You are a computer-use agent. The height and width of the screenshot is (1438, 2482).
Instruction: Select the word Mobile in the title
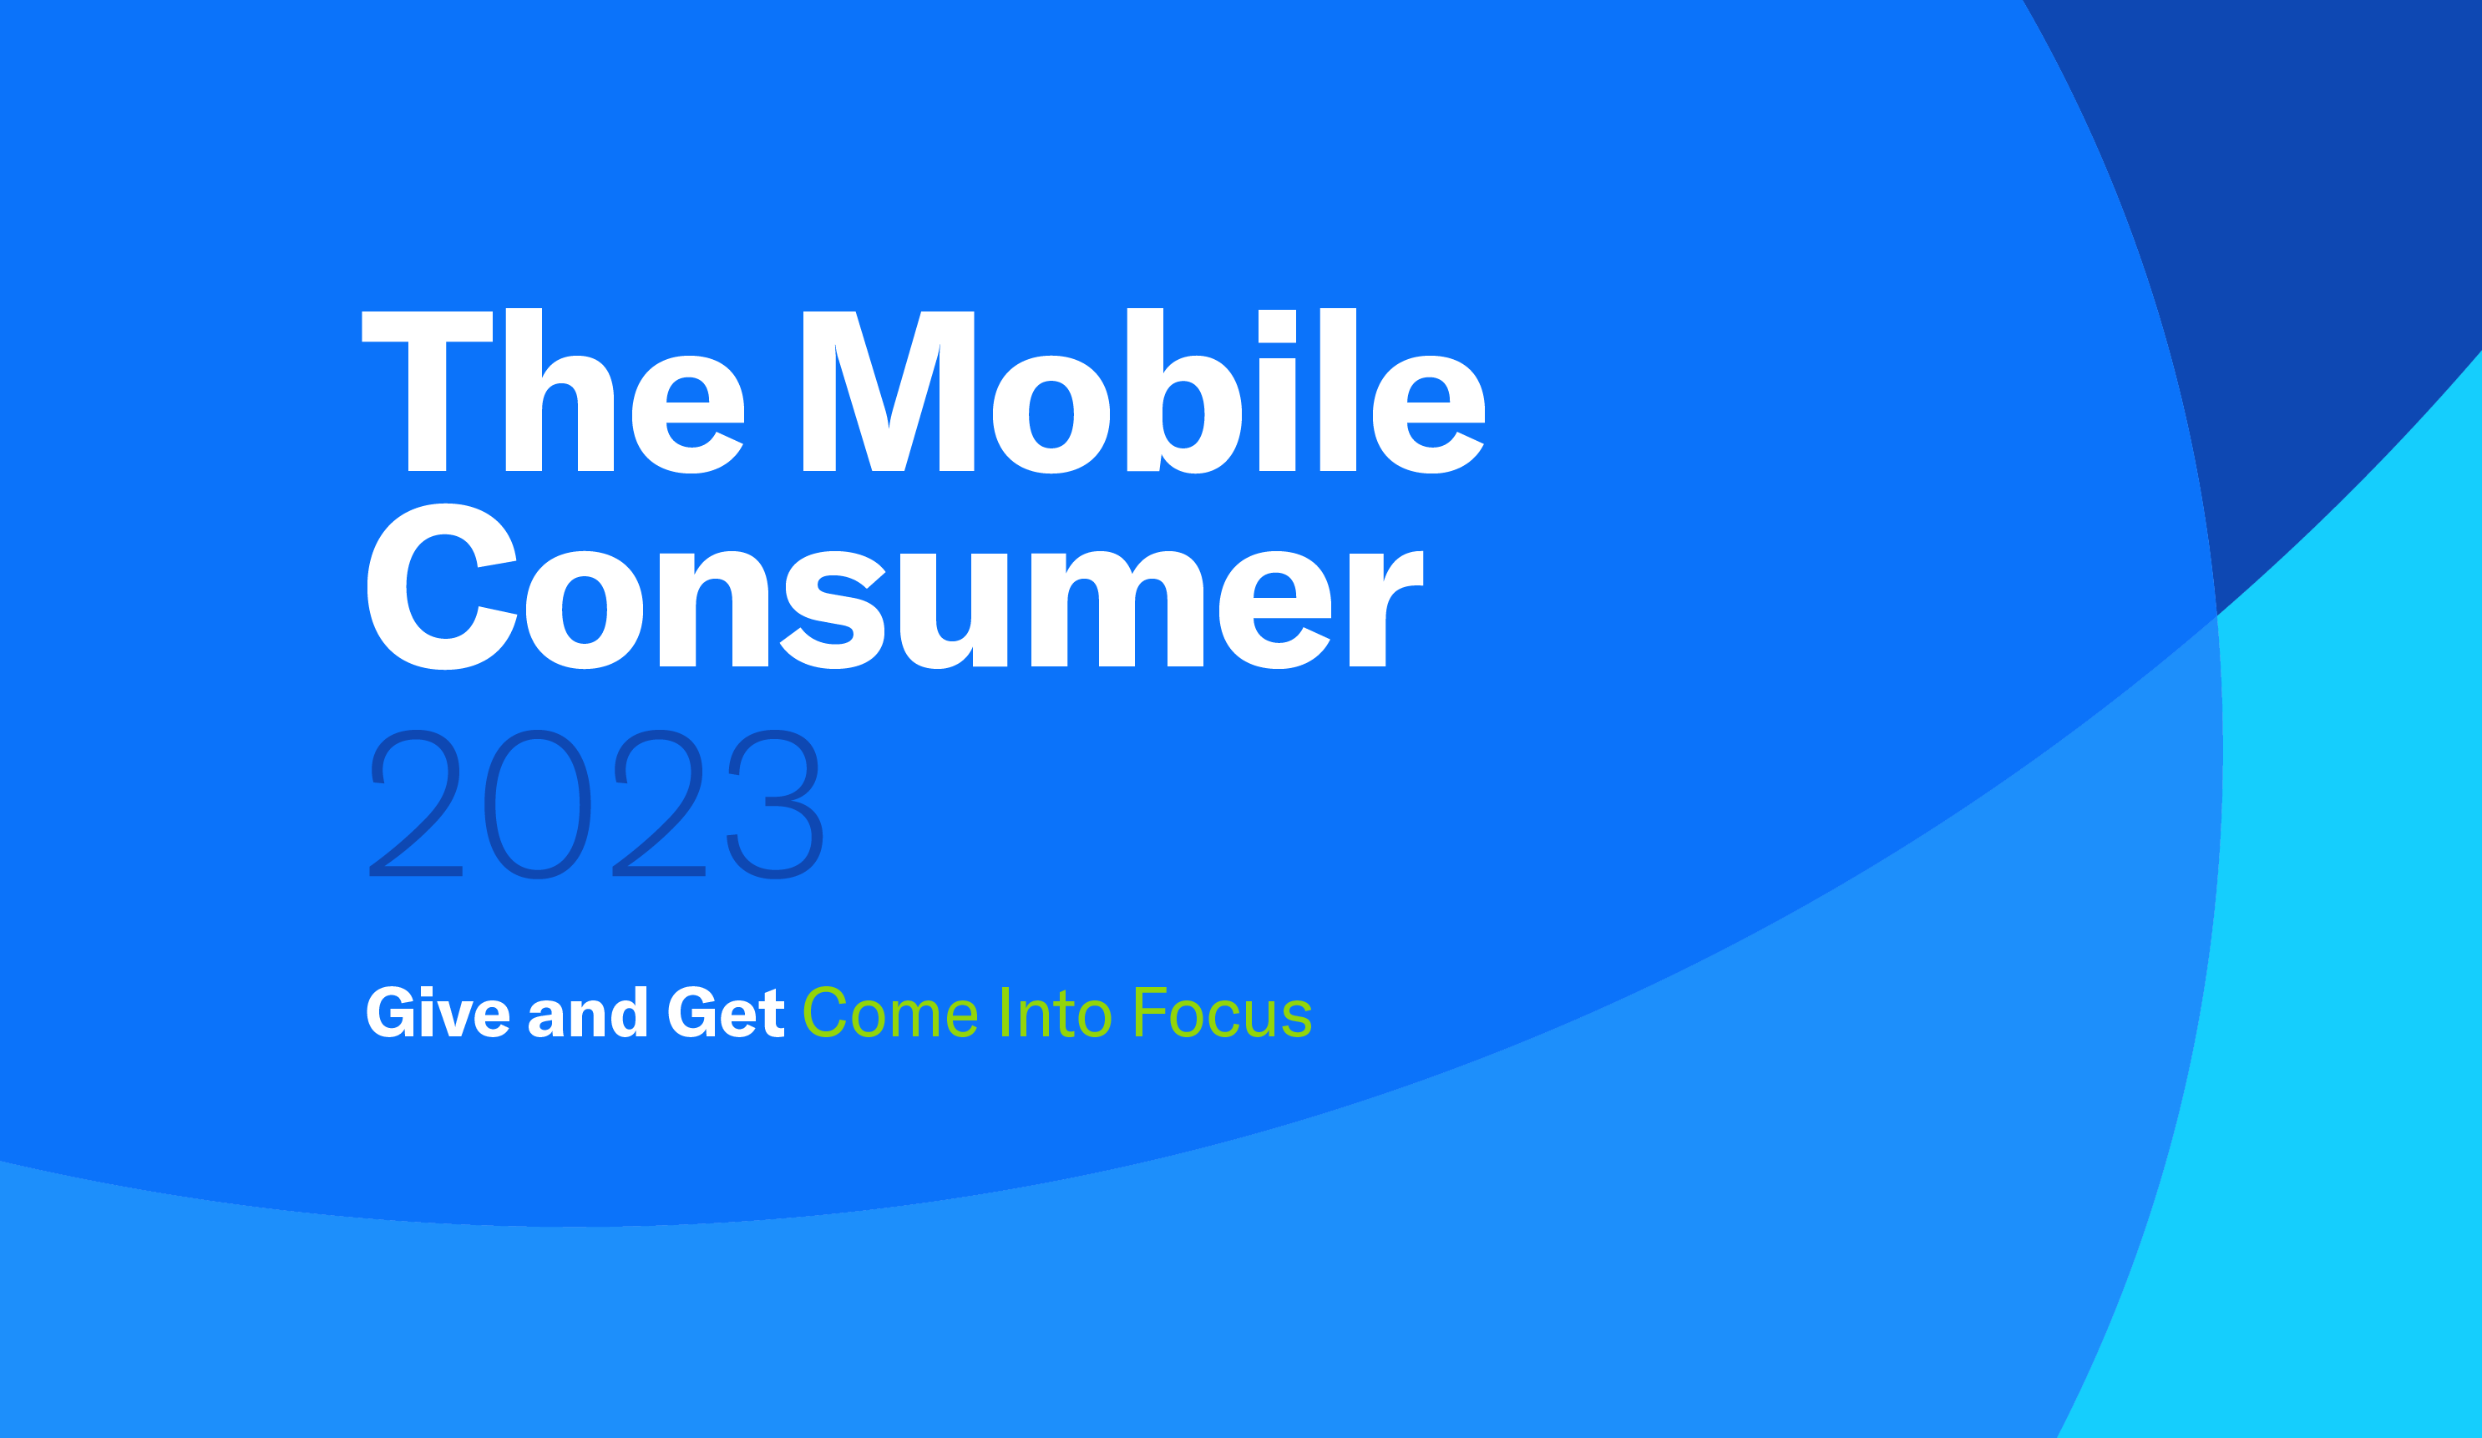(1143, 390)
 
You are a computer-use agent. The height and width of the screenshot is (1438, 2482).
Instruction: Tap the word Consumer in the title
(894, 586)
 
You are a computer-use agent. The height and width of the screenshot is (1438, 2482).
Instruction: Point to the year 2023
(596, 803)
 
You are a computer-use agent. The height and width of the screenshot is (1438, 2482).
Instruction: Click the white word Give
(438, 1011)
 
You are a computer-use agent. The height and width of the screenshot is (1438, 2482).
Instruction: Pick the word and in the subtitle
(588, 1011)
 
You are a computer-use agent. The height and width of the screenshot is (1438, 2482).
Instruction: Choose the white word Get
(726, 1012)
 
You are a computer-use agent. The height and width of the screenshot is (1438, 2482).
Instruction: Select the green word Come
(890, 1011)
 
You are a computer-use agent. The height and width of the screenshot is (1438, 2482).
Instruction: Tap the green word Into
(1056, 1011)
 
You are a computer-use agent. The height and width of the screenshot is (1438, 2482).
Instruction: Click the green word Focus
(1223, 1011)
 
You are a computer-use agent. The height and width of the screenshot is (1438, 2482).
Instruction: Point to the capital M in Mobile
(889, 391)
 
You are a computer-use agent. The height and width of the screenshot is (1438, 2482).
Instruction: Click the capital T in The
(428, 391)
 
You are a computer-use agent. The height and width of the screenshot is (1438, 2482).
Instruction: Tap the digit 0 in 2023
(538, 803)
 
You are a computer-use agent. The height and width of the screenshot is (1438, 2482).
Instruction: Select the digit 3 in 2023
(775, 803)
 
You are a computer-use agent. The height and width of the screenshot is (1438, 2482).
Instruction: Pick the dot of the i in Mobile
(1278, 326)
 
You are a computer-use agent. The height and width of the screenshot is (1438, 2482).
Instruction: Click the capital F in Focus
(1150, 1011)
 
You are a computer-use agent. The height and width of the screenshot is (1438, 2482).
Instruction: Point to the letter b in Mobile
(1184, 391)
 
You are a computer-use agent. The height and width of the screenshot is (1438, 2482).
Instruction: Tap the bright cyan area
(2354, 985)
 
